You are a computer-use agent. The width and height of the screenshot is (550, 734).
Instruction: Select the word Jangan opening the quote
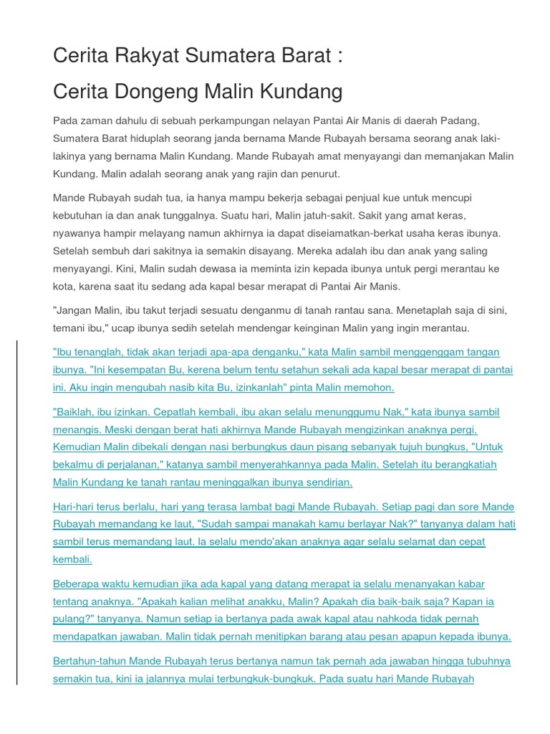coord(76,310)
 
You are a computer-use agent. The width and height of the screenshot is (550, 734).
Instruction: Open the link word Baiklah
coord(76,412)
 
